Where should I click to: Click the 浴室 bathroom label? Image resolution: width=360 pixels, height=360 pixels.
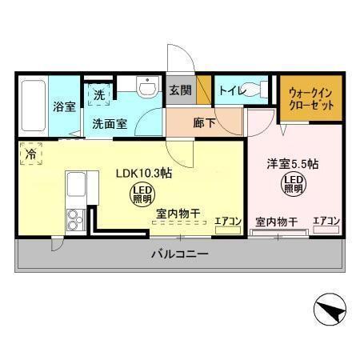[x=64, y=106]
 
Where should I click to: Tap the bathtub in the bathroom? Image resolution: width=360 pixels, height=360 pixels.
[x=34, y=106]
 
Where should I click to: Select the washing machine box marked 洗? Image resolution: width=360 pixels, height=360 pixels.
[x=99, y=94]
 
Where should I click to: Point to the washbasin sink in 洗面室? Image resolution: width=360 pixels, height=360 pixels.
[x=147, y=86]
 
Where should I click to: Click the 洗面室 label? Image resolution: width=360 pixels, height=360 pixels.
[x=110, y=124]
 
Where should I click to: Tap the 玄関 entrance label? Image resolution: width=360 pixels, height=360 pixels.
[x=181, y=90]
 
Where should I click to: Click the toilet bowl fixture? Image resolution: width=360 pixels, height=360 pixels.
[x=254, y=89]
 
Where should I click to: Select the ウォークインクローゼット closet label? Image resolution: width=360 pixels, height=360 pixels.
[x=311, y=99]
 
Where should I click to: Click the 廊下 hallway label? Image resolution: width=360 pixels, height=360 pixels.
[x=204, y=123]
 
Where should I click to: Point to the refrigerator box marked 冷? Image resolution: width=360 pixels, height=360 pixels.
[x=31, y=154]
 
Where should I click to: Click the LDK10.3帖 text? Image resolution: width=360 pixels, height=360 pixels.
[x=144, y=174]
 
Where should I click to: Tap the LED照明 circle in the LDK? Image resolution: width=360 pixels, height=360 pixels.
[x=142, y=194]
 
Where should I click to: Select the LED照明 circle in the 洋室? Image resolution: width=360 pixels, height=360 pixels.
[x=294, y=184]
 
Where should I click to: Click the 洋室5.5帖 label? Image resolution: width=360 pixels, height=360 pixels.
[x=293, y=164]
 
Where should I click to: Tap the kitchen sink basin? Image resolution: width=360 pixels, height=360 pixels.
[x=76, y=184]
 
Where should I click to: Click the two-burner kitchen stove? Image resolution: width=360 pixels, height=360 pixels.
[x=76, y=220]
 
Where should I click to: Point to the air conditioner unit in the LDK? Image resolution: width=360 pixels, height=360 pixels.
[x=228, y=230]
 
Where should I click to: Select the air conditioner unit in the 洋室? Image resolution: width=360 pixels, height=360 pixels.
[x=326, y=230]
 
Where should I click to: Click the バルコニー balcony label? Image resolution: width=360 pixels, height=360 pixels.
[x=180, y=254]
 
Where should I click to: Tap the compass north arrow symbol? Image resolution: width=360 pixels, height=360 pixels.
[x=330, y=310]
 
